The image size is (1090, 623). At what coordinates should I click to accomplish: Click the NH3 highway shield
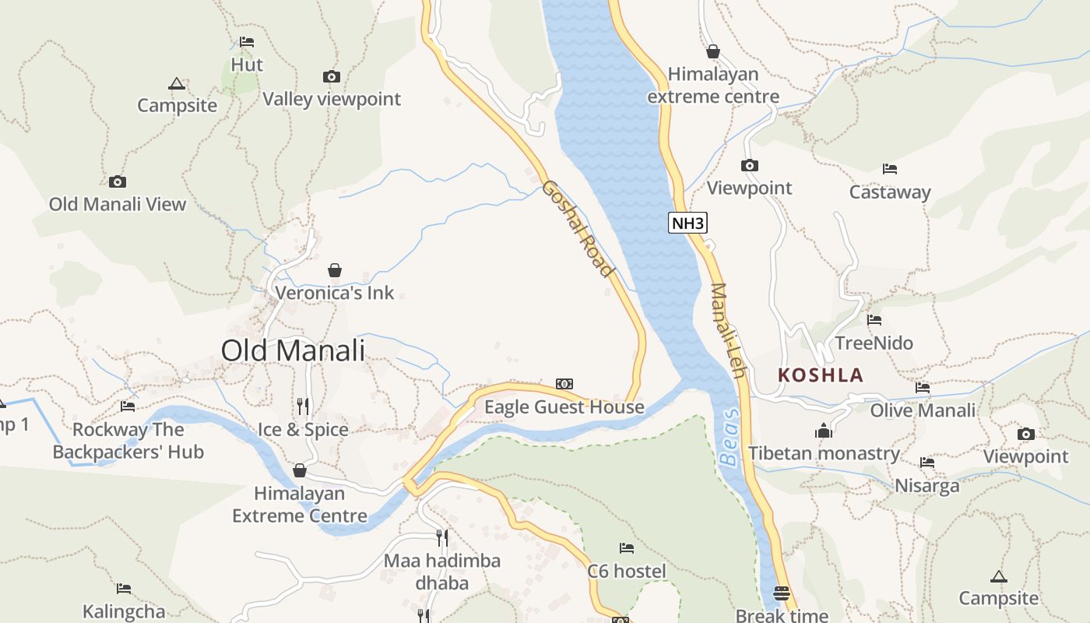687,224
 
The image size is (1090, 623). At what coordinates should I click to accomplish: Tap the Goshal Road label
578,228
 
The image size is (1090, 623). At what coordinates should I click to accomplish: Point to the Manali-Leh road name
728,330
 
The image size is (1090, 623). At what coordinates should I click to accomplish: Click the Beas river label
730,438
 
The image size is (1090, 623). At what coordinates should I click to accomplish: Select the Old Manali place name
293,350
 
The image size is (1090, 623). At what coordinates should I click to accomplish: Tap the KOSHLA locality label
821,375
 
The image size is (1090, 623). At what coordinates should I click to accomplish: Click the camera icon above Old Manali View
118,181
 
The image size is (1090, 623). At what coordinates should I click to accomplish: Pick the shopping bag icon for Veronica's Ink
335,270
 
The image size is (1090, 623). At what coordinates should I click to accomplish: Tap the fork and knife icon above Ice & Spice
303,406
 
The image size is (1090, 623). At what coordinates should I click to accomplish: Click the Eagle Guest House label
564,407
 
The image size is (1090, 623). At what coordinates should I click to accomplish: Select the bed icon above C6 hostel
626,548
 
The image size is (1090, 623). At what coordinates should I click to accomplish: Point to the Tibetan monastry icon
824,430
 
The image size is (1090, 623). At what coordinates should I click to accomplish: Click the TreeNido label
874,343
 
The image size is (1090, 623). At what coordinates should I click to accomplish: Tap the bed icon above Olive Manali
923,387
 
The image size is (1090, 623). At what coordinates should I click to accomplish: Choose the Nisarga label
926,487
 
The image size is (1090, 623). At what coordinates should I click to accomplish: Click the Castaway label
890,192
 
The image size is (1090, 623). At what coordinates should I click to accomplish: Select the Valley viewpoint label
332,99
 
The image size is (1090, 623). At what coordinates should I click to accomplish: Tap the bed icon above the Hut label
247,42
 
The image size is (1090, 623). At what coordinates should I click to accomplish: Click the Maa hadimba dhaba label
442,572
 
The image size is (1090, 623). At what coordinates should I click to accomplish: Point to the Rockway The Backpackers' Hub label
128,441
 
